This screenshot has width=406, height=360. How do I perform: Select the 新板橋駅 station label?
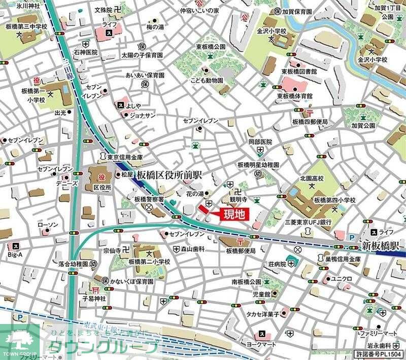click(380, 246)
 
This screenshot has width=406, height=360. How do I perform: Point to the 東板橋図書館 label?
click(296, 73)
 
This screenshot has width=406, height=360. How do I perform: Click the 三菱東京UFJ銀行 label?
click(308, 222)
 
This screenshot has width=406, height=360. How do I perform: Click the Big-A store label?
click(17, 255)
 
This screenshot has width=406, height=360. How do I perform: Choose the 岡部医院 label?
click(260, 141)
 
